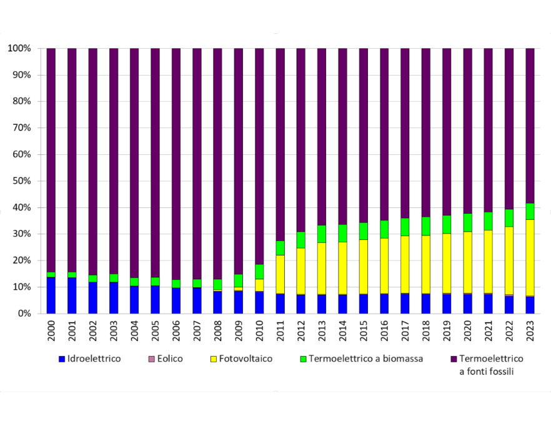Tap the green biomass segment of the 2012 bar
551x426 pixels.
tap(301, 240)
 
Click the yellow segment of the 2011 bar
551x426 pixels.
tap(280, 274)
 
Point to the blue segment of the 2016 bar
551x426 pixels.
tap(384, 304)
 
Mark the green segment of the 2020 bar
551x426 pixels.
tap(467, 222)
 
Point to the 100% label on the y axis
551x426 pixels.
tap(19, 48)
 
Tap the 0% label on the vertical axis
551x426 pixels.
tap(23, 314)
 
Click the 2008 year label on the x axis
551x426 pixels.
tap(218, 331)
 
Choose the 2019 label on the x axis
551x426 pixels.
tap(447, 331)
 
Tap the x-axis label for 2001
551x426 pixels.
tap(72, 331)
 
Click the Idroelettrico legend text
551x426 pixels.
tap(94, 359)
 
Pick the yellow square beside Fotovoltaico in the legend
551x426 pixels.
tap(213, 359)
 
